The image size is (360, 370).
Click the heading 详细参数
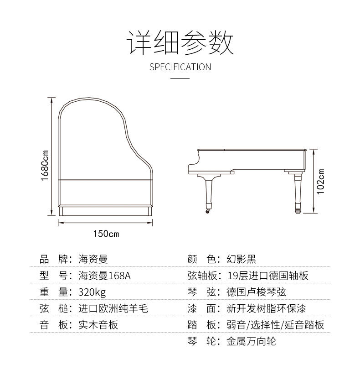tap(180, 43)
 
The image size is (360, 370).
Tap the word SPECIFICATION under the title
tap(180, 67)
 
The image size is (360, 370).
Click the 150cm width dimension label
tap(106, 234)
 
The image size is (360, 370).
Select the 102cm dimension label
tap(321, 182)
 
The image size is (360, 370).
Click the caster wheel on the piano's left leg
tap(209, 212)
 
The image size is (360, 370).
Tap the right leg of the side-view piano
tap(299, 192)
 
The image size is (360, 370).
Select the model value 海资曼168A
tap(107, 276)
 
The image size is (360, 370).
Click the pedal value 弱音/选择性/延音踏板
tap(275, 325)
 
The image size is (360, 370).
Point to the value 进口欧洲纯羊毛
tap(113, 308)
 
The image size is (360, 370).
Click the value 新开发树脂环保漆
tap(266, 308)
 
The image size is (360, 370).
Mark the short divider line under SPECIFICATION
tap(180, 79)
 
